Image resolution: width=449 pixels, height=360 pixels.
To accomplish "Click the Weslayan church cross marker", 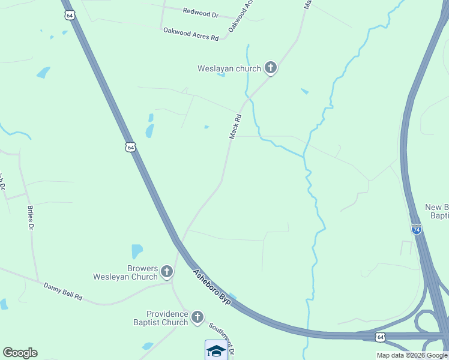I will [271, 68].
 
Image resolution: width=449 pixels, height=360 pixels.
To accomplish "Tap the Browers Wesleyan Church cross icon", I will [167, 272].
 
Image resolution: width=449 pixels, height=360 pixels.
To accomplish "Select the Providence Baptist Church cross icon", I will [197, 317].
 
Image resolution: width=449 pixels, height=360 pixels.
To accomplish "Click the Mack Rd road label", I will [235, 127].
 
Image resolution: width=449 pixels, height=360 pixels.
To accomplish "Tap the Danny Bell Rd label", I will [62, 292].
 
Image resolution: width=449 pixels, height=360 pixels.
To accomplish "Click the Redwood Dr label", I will [201, 11].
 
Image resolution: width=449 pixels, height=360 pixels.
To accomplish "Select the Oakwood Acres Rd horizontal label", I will [191, 34].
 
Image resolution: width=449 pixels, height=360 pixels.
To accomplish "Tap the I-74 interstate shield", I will [417, 229].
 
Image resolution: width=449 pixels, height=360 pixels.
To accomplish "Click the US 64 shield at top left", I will [70, 15].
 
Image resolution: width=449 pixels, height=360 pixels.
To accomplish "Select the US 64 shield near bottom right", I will [380, 337].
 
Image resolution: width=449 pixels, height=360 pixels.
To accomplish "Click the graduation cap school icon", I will [216, 350].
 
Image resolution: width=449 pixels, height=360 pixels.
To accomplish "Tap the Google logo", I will [20, 353].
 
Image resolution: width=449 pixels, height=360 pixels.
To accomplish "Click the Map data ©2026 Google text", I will [412, 355].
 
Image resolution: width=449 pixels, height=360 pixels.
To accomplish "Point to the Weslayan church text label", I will [230, 68].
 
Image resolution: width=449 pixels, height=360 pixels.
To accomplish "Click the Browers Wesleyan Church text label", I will [125, 272].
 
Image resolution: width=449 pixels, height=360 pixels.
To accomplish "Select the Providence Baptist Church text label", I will [167, 318].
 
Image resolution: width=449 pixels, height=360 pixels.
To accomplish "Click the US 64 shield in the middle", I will [131, 146].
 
